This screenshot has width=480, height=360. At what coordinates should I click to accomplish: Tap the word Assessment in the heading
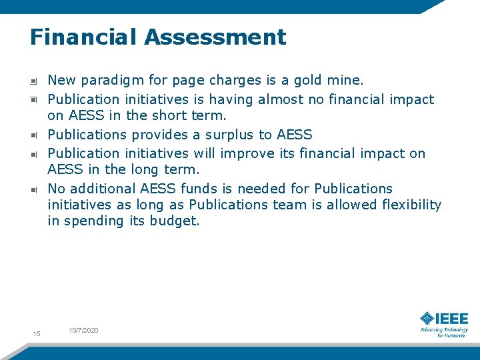click(x=215, y=37)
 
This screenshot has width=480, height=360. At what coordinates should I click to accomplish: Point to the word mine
click(x=345, y=81)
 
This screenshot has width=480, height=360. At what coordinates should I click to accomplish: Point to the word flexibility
click(x=411, y=205)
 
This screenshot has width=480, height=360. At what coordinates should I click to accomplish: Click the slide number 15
click(x=37, y=333)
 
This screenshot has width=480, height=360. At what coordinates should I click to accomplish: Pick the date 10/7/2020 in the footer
click(x=83, y=331)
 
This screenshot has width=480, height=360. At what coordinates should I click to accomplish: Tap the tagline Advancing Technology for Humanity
click(x=444, y=332)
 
